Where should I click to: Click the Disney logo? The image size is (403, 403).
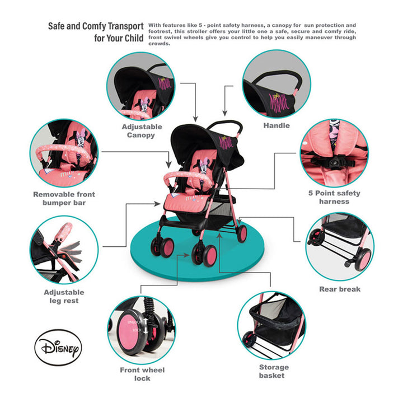(58, 347)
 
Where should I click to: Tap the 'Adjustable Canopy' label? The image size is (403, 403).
(142, 131)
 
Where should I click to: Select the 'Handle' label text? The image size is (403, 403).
(277, 125)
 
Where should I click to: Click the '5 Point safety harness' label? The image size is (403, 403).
(334, 197)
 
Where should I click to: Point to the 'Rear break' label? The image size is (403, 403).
(340, 289)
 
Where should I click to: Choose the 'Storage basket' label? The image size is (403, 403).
(274, 372)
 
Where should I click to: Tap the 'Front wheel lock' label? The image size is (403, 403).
(142, 374)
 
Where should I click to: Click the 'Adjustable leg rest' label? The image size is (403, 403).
(64, 296)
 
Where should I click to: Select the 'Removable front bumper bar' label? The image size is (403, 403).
(64, 198)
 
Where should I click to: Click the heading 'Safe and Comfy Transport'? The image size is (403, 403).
(96, 26)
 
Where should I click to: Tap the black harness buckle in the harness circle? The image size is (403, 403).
(334, 162)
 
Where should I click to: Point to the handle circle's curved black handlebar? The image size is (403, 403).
(277, 79)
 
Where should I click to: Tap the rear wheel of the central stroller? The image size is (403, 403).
(242, 233)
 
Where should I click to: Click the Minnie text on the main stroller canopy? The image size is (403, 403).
(226, 142)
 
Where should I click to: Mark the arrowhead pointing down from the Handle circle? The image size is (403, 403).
(225, 113)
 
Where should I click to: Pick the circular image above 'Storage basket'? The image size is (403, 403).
(271, 325)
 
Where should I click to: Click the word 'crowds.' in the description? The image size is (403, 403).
(160, 44)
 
